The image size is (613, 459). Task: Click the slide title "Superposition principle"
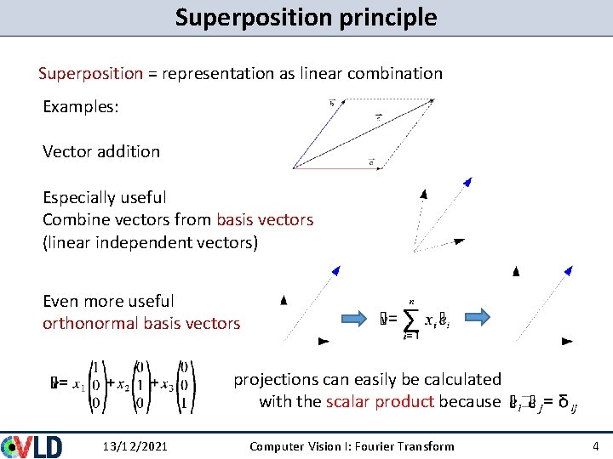(x=306, y=17)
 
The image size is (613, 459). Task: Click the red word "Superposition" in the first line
(x=90, y=73)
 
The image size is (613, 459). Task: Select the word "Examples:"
(x=81, y=109)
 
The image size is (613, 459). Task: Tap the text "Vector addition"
(x=101, y=151)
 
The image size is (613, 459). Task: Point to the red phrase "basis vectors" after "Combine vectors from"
(x=265, y=219)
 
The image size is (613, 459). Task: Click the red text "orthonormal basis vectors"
(x=141, y=323)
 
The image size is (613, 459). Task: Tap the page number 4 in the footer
(x=595, y=446)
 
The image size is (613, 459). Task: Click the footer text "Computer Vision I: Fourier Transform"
(x=352, y=446)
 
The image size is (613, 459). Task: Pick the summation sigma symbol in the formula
(x=411, y=319)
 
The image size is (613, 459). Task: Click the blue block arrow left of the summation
(x=355, y=317)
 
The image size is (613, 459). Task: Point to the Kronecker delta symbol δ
(x=563, y=401)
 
